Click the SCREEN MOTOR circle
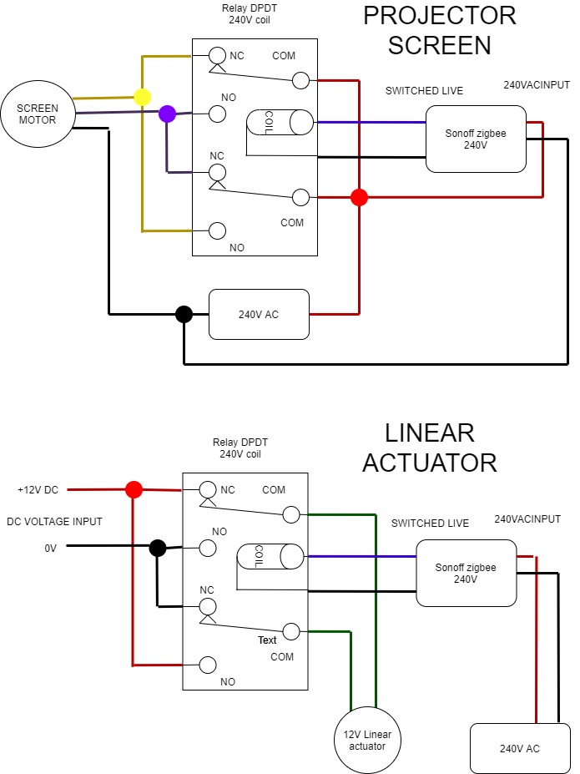[x=38, y=114]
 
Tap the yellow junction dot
[x=143, y=98]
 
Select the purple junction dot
[x=167, y=114]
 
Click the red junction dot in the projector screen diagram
[x=359, y=198]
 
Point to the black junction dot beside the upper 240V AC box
[x=184, y=314]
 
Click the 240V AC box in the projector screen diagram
[x=259, y=315]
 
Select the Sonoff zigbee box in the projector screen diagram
[x=476, y=139]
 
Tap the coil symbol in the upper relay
[x=280, y=124]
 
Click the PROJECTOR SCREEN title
[x=440, y=31]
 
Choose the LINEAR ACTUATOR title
[x=430, y=448]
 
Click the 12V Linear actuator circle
[x=367, y=740]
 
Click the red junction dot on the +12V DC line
[x=133, y=489]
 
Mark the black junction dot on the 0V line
[x=157, y=548]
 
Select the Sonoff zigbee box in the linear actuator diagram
[x=466, y=573]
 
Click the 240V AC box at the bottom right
[x=519, y=748]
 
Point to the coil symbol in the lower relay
[x=270, y=556]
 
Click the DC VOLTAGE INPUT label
[x=54, y=522]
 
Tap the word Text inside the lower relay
[x=267, y=640]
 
